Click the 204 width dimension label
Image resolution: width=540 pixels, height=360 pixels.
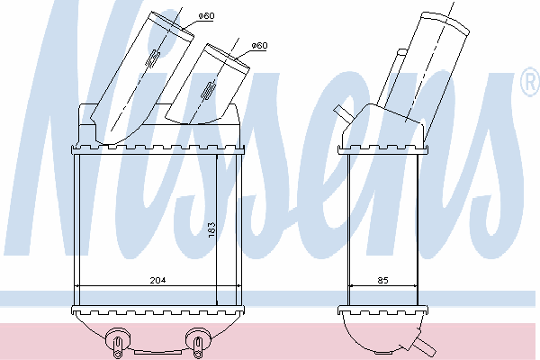157,281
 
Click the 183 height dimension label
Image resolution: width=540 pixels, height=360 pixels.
211,229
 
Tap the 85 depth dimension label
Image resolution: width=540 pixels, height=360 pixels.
383,281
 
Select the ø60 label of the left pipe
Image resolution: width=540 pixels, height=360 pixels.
207,16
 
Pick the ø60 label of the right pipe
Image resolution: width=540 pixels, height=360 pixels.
259,46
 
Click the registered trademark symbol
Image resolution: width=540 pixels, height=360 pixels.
531,82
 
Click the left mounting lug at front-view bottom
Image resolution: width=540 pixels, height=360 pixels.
118,341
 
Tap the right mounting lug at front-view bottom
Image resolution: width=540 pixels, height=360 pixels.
198,341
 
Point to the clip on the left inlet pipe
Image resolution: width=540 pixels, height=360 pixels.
153,58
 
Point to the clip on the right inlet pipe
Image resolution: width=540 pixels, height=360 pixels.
208,91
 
